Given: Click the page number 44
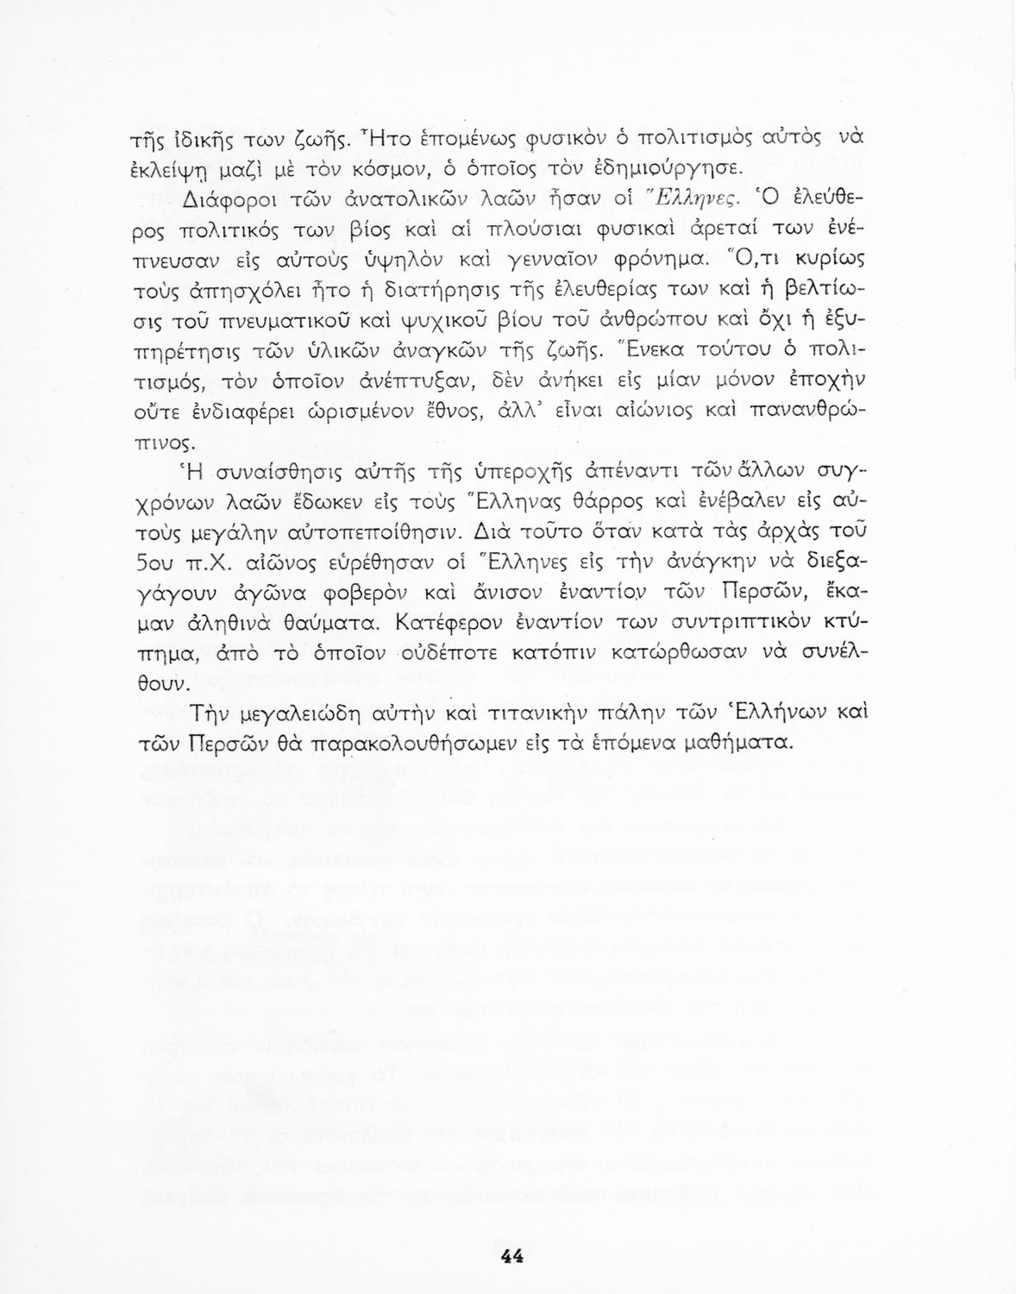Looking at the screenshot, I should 511,1256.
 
